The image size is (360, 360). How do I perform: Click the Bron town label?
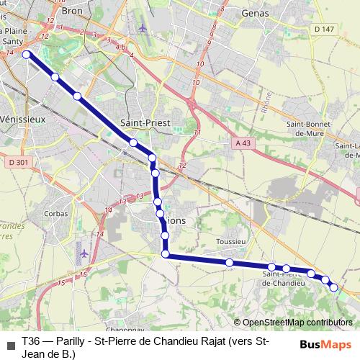point(73,12)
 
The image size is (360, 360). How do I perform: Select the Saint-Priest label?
point(145,123)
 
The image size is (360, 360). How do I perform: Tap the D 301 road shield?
point(19,162)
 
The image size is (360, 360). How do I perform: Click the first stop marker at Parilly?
point(27,54)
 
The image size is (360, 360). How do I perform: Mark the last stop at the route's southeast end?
point(334,287)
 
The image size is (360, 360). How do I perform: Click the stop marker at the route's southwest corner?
point(166,254)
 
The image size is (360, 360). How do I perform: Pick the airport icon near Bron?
point(142,29)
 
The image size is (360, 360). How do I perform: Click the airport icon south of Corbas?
point(85,253)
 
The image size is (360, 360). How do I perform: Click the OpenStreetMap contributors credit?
point(297,323)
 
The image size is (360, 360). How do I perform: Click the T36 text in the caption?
point(30,340)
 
